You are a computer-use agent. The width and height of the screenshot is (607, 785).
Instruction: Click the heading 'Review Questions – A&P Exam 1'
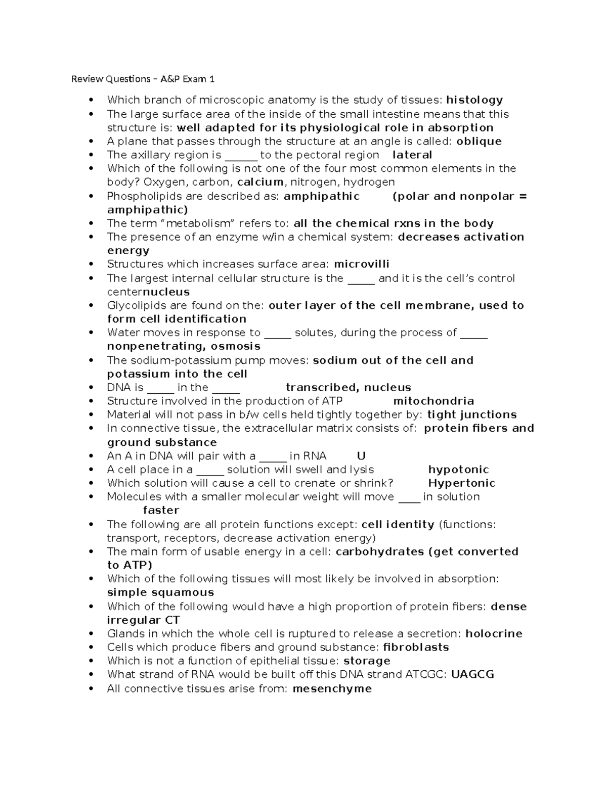click(143, 79)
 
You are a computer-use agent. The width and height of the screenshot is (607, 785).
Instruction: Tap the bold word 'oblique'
click(479, 142)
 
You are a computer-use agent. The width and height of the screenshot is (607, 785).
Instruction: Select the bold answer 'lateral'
click(412, 155)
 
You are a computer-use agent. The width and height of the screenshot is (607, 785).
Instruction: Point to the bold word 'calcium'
click(260, 182)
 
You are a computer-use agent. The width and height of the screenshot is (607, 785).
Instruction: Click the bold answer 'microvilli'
click(362, 264)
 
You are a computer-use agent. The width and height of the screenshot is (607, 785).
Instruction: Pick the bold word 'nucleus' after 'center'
click(166, 292)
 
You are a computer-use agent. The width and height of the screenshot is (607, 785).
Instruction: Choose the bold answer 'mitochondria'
click(433, 401)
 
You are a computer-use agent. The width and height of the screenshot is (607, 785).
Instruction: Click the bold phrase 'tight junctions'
click(472, 415)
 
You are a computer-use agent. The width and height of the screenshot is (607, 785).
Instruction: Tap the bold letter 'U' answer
click(361, 456)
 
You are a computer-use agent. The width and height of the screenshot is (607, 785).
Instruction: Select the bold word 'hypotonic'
click(458, 470)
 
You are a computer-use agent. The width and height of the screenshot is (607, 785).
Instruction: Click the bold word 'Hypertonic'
click(461, 483)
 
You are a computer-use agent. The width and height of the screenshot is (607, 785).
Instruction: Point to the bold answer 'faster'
click(161, 511)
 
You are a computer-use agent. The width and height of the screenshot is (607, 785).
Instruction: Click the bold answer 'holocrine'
click(494, 634)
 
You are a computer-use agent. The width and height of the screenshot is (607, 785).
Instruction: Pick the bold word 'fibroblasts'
click(416, 648)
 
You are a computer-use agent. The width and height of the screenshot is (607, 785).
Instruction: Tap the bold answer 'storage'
click(367, 661)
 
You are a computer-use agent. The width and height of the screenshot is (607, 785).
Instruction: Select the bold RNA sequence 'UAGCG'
click(472, 675)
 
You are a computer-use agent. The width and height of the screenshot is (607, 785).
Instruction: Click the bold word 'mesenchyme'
click(332, 689)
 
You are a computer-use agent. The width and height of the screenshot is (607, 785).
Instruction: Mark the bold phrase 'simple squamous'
click(160, 592)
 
